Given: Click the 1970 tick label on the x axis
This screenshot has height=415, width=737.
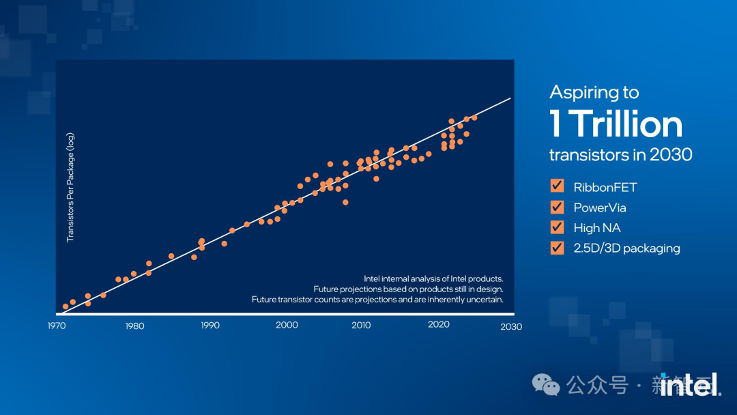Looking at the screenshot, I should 57,326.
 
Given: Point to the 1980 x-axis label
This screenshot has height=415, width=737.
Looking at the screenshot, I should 134,326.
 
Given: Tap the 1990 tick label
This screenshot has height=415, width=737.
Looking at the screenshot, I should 210,326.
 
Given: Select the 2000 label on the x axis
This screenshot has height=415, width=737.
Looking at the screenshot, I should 287,325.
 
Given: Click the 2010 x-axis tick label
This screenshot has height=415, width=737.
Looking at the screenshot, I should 361,325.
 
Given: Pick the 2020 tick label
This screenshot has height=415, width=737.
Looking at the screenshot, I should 439,324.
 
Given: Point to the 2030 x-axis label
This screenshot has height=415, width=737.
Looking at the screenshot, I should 511,326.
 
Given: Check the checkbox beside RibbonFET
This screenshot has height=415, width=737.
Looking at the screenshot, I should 557,186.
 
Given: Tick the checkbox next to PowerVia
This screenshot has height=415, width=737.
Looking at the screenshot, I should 557,207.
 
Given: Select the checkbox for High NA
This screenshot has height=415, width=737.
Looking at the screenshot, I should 557,227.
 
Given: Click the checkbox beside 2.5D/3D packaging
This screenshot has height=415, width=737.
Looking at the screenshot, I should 557,248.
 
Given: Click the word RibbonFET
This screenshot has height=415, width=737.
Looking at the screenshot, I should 605,187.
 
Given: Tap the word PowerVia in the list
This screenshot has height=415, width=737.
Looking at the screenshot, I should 600,207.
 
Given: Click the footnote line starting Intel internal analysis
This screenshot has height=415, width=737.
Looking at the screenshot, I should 433,278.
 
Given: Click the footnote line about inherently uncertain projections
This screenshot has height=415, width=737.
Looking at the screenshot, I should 377,299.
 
